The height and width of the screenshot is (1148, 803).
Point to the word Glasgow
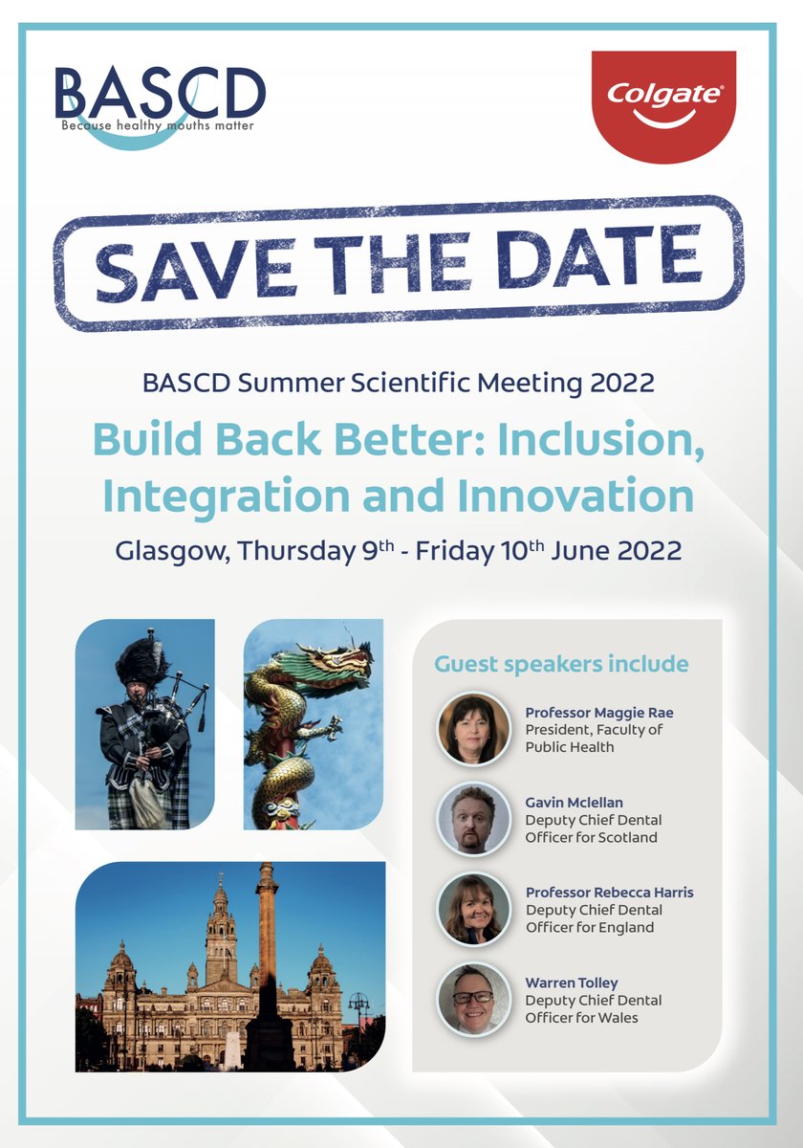click(169, 551)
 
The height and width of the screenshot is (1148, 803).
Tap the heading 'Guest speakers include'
click(561, 663)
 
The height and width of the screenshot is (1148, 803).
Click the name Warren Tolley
click(571, 982)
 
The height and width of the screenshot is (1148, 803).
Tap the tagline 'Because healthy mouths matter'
click(158, 124)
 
